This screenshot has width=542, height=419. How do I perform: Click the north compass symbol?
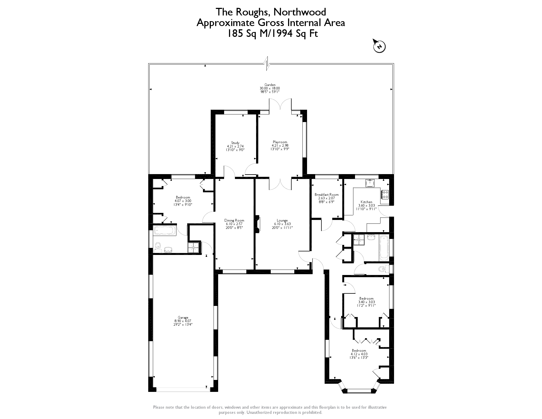pyautogui.click(x=379, y=46)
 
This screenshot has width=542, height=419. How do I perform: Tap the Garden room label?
pyautogui.click(x=270, y=85)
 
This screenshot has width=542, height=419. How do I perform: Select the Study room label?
pyautogui.click(x=235, y=143)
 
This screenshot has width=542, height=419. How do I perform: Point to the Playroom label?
pyautogui.click(x=280, y=142)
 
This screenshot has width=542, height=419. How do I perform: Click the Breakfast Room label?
pyautogui.click(x=327, y=195)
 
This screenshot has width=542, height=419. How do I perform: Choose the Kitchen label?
pyautogui.click(x=366, y=202)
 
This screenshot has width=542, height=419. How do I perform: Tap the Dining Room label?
pyautogui.click(x=234, y=220)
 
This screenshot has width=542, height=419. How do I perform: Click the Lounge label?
pyautogui.click(x=282, y=220)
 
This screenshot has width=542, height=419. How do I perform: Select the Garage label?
pyautogui.click(x=183, y=318)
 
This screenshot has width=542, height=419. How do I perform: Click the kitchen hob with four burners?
pyautogui.click(x=385, y=194)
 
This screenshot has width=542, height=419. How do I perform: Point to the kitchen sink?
pyautogui.click(x=370, y=183)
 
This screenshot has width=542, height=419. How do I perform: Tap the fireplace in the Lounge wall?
pyautogui.click(x=257, y=224)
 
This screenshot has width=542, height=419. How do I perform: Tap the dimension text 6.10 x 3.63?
pyautogui.click(x=282, y=224)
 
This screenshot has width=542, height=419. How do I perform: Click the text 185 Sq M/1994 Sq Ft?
pyautogui.click(x=272, y=34)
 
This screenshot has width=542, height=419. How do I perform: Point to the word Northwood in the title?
pyautogui.click(x=299, y=12)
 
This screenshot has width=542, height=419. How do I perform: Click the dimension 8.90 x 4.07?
pyautogui.click(x=183, y=321)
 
